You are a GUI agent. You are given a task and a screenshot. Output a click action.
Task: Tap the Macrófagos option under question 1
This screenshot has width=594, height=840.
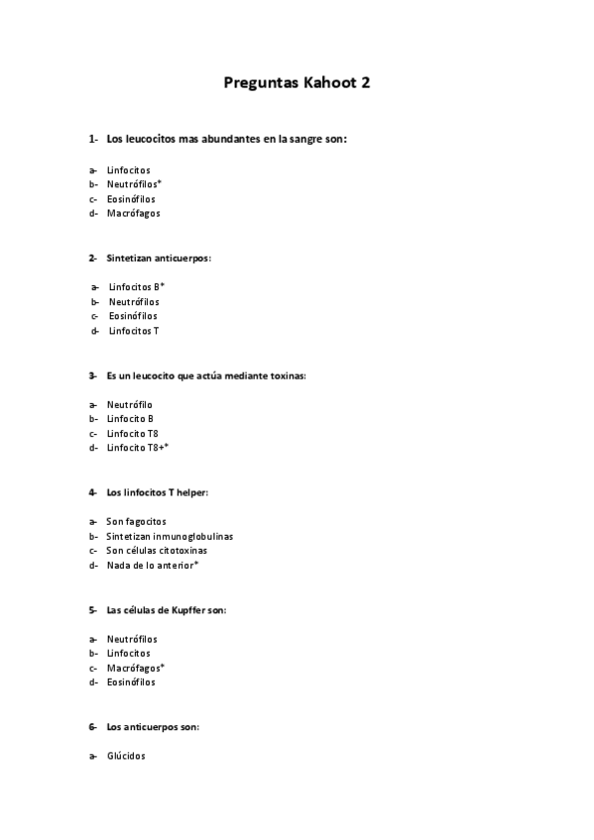[x=133, y=213]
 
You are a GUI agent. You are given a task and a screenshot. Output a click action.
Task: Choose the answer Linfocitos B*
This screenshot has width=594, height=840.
[x=137, y=286]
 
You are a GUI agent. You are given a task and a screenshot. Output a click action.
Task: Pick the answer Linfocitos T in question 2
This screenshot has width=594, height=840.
[x=134, y=331]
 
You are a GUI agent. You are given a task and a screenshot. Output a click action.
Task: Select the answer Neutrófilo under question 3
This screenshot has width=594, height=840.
[x=130, y=404]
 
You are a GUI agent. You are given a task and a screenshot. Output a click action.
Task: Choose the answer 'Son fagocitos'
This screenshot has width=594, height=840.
[x=137, y=521]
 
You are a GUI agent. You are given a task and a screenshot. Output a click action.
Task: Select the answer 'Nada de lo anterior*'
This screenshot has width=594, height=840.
[x=153, y=565]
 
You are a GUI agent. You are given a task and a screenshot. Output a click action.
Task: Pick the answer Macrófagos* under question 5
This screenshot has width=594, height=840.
[x=136, y=668]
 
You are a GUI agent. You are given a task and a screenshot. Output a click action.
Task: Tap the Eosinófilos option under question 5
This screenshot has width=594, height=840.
[x=131, y=682]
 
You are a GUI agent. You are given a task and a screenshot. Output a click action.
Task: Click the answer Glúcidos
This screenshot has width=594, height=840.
[x=126, y=756]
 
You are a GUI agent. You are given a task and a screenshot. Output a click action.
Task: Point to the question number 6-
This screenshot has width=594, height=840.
[x=92, y=726]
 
